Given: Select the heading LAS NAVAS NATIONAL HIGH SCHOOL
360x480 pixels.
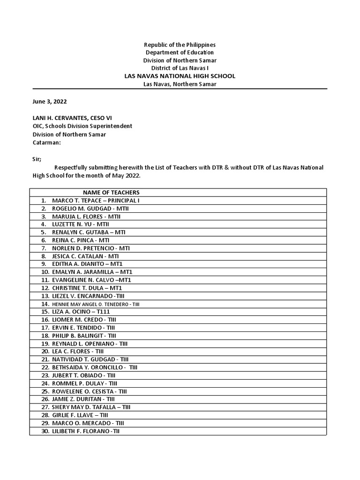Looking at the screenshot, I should [x=180, y=76].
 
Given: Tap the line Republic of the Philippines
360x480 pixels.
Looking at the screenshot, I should [x=180, y=45].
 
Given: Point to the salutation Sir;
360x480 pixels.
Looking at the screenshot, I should [x=37, y=159].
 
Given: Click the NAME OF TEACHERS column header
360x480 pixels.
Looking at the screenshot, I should [x=111, y=192].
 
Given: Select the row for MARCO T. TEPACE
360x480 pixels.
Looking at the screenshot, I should [x=96, y=200].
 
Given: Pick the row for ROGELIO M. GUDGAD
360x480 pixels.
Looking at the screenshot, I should [x=86, y=208].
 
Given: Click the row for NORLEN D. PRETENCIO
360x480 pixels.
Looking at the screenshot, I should [x=91, y=248].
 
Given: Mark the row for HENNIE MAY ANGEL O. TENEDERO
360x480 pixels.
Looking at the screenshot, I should [x=96, y=304].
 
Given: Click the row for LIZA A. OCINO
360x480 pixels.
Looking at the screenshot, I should [x=82, y=312].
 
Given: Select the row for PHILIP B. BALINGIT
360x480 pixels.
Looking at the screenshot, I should [x=84, y=336].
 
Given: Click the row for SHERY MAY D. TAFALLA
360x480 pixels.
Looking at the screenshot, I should [x=91, y=407].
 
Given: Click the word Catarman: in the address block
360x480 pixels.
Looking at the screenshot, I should [x=46, y=142].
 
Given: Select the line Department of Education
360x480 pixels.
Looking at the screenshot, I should [x=180, y=52].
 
